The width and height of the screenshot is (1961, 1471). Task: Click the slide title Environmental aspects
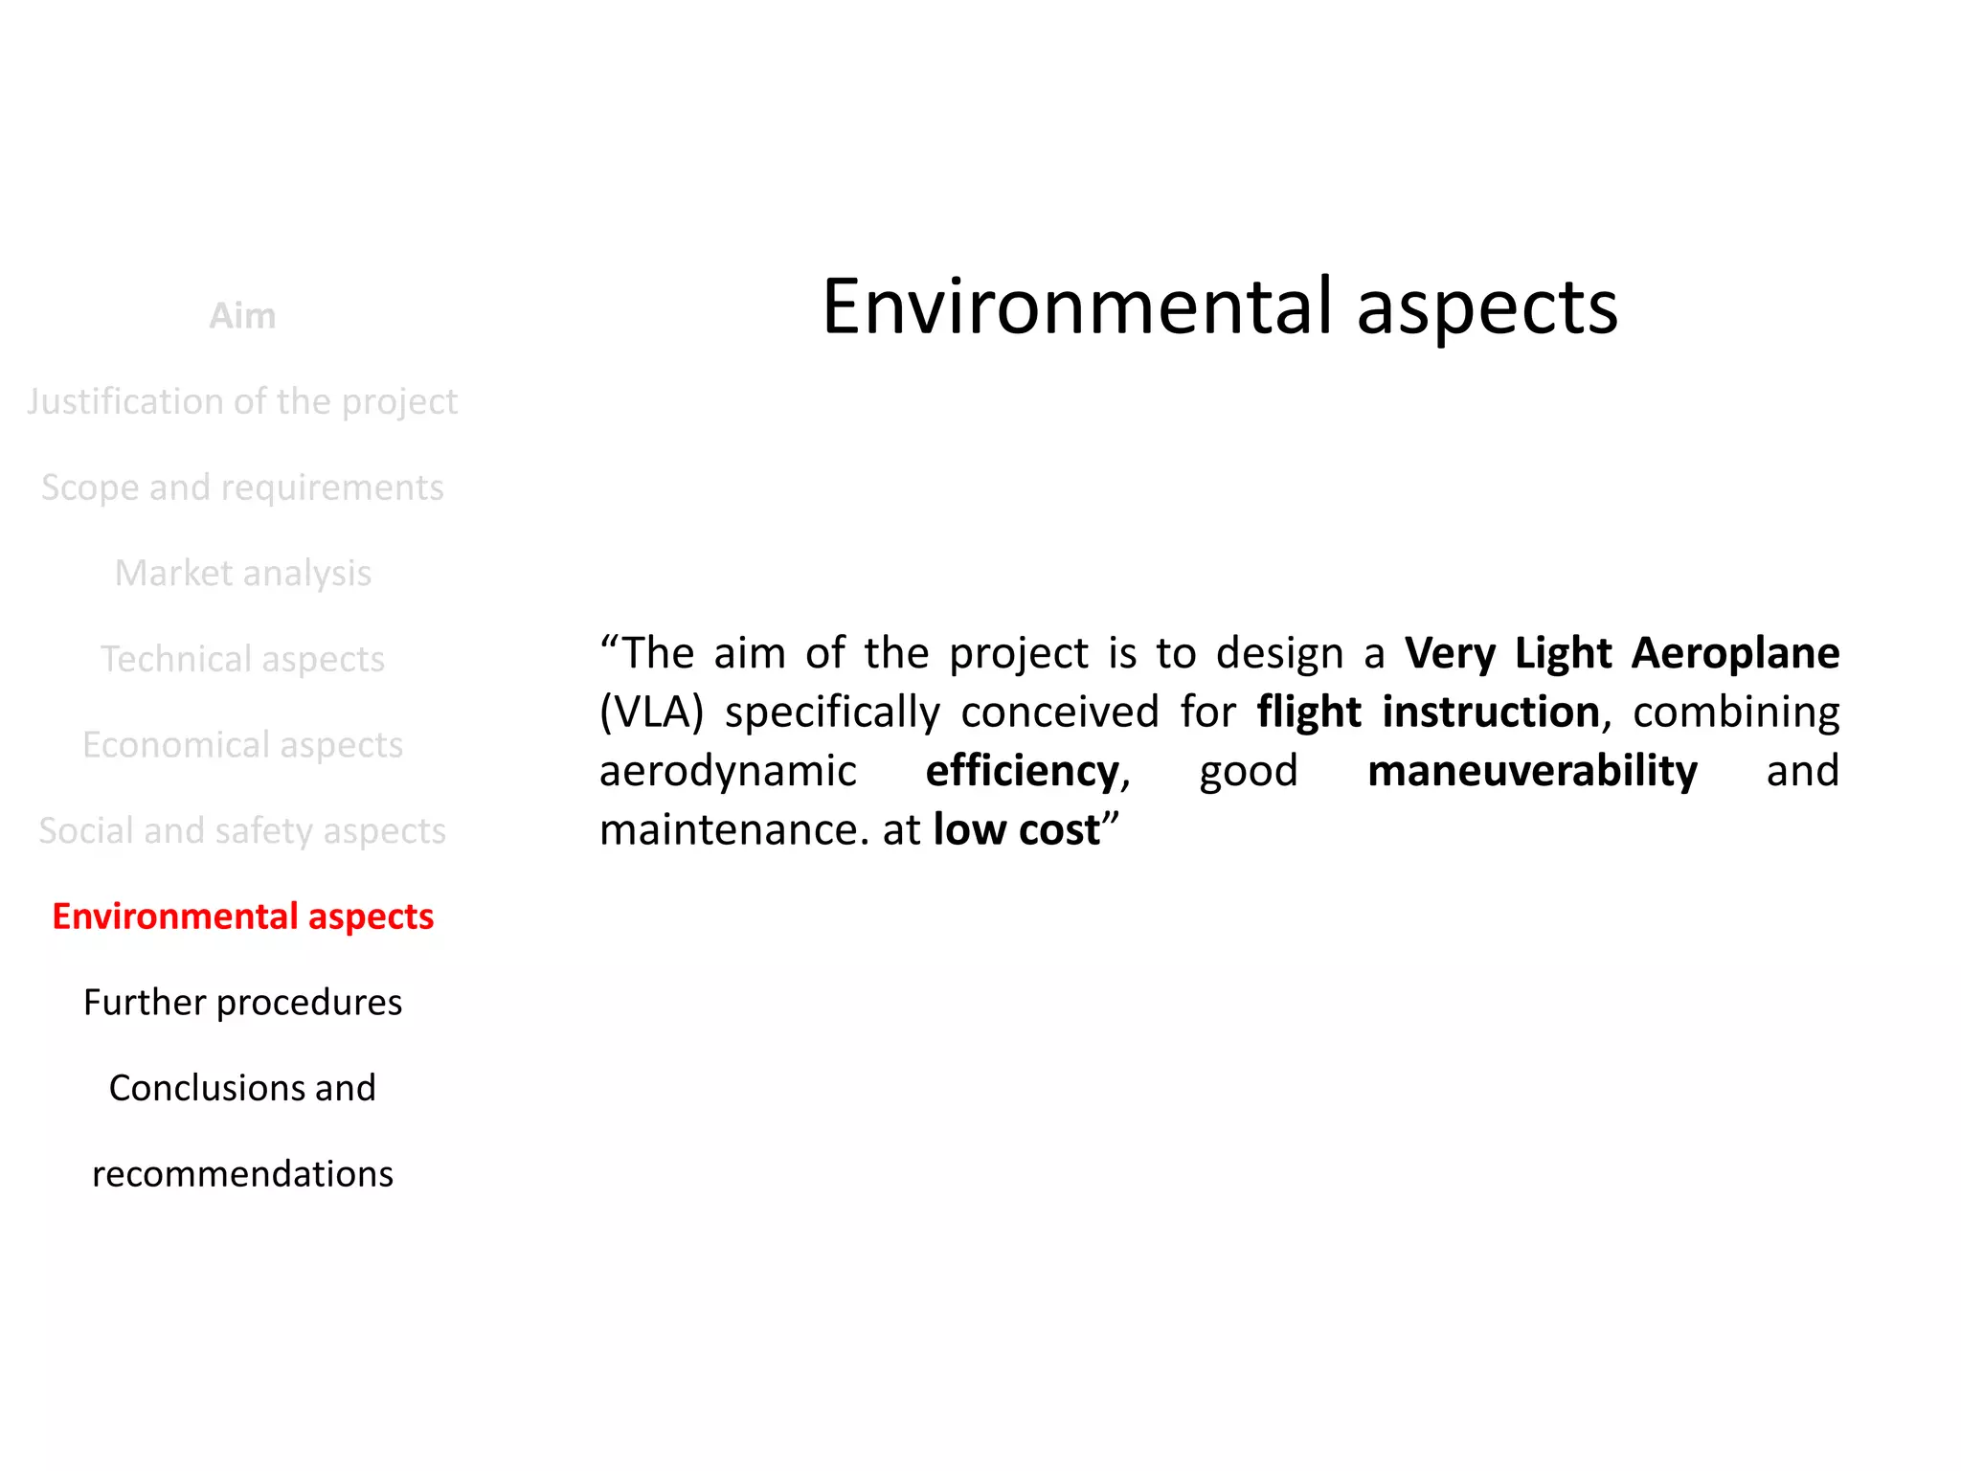coord(1219,307)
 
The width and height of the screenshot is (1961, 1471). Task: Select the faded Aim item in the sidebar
coord(242,316)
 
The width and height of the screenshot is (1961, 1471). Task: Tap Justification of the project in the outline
coord(242,401)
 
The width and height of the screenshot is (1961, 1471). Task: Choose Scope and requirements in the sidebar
coord(242,487)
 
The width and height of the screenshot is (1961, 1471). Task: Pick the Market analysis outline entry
coord(242,573)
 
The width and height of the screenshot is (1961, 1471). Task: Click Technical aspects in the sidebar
coord(242,659)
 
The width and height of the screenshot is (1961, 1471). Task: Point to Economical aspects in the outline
coord(242,745)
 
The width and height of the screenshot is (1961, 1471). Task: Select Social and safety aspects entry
coord(242,830)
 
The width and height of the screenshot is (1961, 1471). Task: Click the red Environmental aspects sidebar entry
coord(242,917)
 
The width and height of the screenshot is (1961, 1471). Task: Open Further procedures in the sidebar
coord(242,1003)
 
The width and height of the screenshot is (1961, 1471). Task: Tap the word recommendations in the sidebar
coord(242,1174)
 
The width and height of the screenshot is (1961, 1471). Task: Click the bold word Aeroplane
coord(1734,654)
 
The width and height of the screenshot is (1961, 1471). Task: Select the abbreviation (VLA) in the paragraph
coord(651,713)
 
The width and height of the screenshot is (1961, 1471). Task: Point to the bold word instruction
coord(1490,713)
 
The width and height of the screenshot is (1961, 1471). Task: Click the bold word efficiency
coord(1022,771)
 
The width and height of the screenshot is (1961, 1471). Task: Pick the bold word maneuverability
coord(1532,771)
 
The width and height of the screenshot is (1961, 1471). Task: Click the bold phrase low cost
coord(1016,830)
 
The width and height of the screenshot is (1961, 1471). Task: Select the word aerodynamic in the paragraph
coord(728,771)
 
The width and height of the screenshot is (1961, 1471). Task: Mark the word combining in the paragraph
coord(1735,713)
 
